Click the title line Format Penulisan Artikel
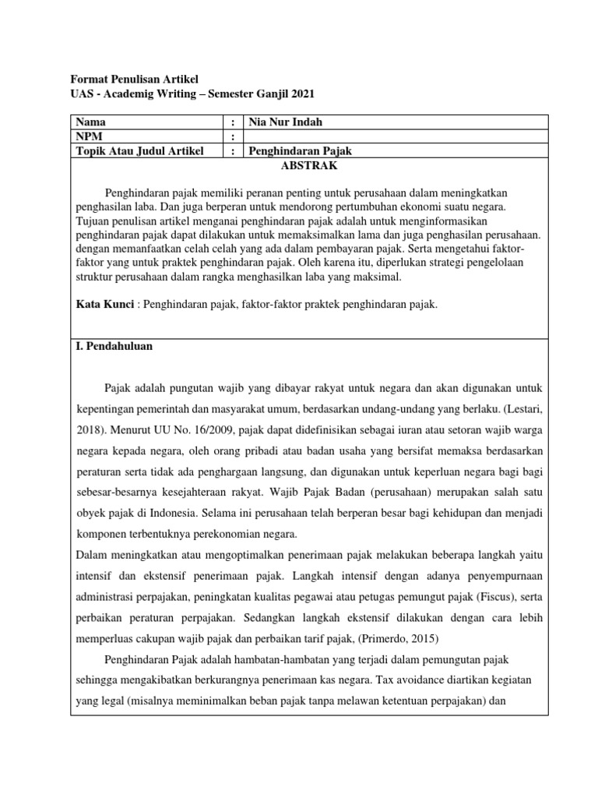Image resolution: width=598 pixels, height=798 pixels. (135, 79)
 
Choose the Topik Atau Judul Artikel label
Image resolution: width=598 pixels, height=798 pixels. (139, 150)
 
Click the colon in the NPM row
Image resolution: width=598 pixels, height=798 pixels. (233, 136)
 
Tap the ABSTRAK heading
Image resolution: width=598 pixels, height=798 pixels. (309, 165)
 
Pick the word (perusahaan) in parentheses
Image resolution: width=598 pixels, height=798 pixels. (376, 493)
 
